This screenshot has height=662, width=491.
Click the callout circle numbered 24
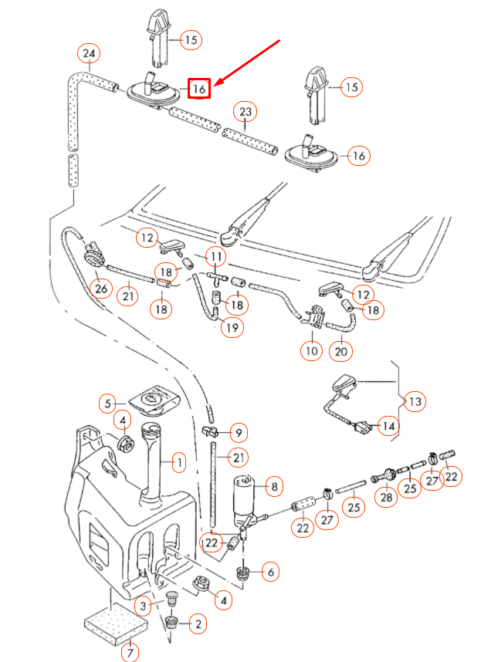(x=90, y=54)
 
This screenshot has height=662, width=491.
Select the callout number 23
(x=245, y=113)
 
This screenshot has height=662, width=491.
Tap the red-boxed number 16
(x=199, y=89)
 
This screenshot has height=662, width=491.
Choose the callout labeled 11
(x=215, y=256)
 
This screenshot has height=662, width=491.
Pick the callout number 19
(x=231, y=327)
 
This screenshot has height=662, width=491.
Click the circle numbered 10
(x=311, y=351)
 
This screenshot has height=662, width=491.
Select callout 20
(x=342, y=351)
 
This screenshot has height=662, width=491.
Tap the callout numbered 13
(x=415, y=401)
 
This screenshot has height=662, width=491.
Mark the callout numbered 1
(x=178, y=463)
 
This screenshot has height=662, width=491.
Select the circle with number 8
(x=273, y=487)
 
